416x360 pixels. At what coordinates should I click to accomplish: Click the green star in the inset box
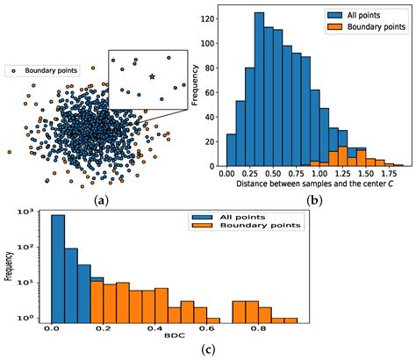coord(152,77)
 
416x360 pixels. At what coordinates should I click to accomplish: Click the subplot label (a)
coord(101,199)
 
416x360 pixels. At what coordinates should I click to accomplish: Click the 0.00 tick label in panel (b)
coord(231,174)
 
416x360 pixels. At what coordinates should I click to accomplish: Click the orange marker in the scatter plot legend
coord(8,69)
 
